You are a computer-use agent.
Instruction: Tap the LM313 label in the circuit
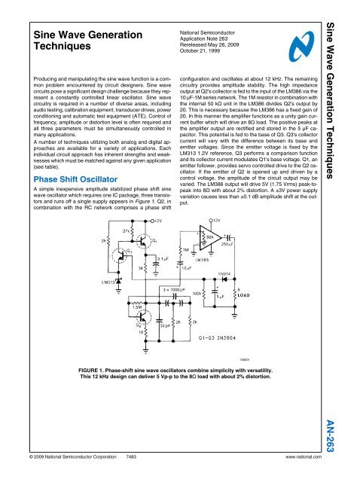tap(103, 282)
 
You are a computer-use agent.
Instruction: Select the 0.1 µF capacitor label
tap(163, 259)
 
